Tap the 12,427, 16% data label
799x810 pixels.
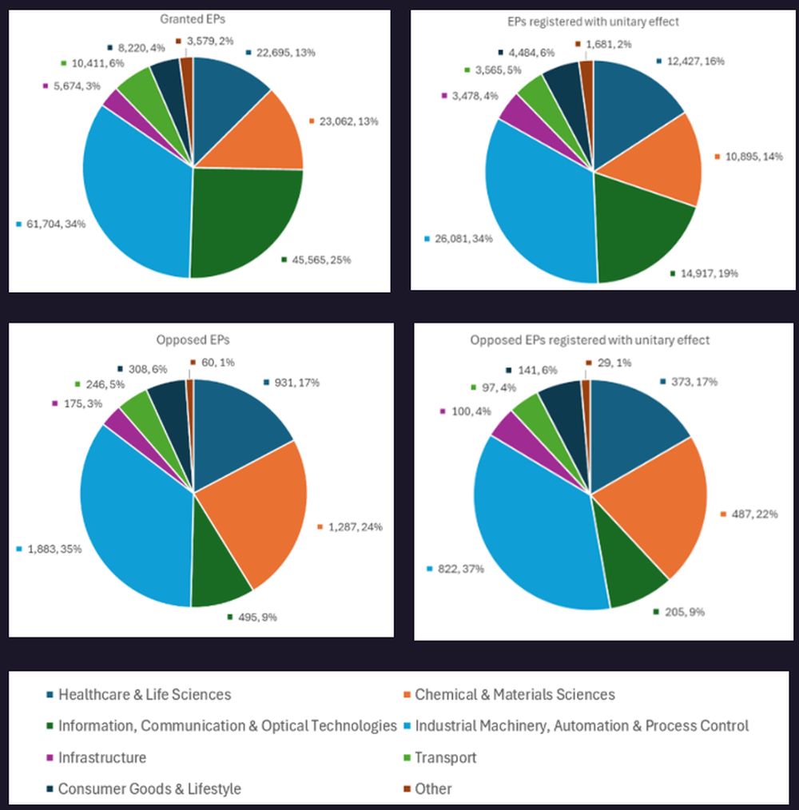coord(693,61)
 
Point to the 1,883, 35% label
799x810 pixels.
coord(54,549)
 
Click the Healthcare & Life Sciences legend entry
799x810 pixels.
coord(145,695)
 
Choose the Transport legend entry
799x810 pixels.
coord(445,757)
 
